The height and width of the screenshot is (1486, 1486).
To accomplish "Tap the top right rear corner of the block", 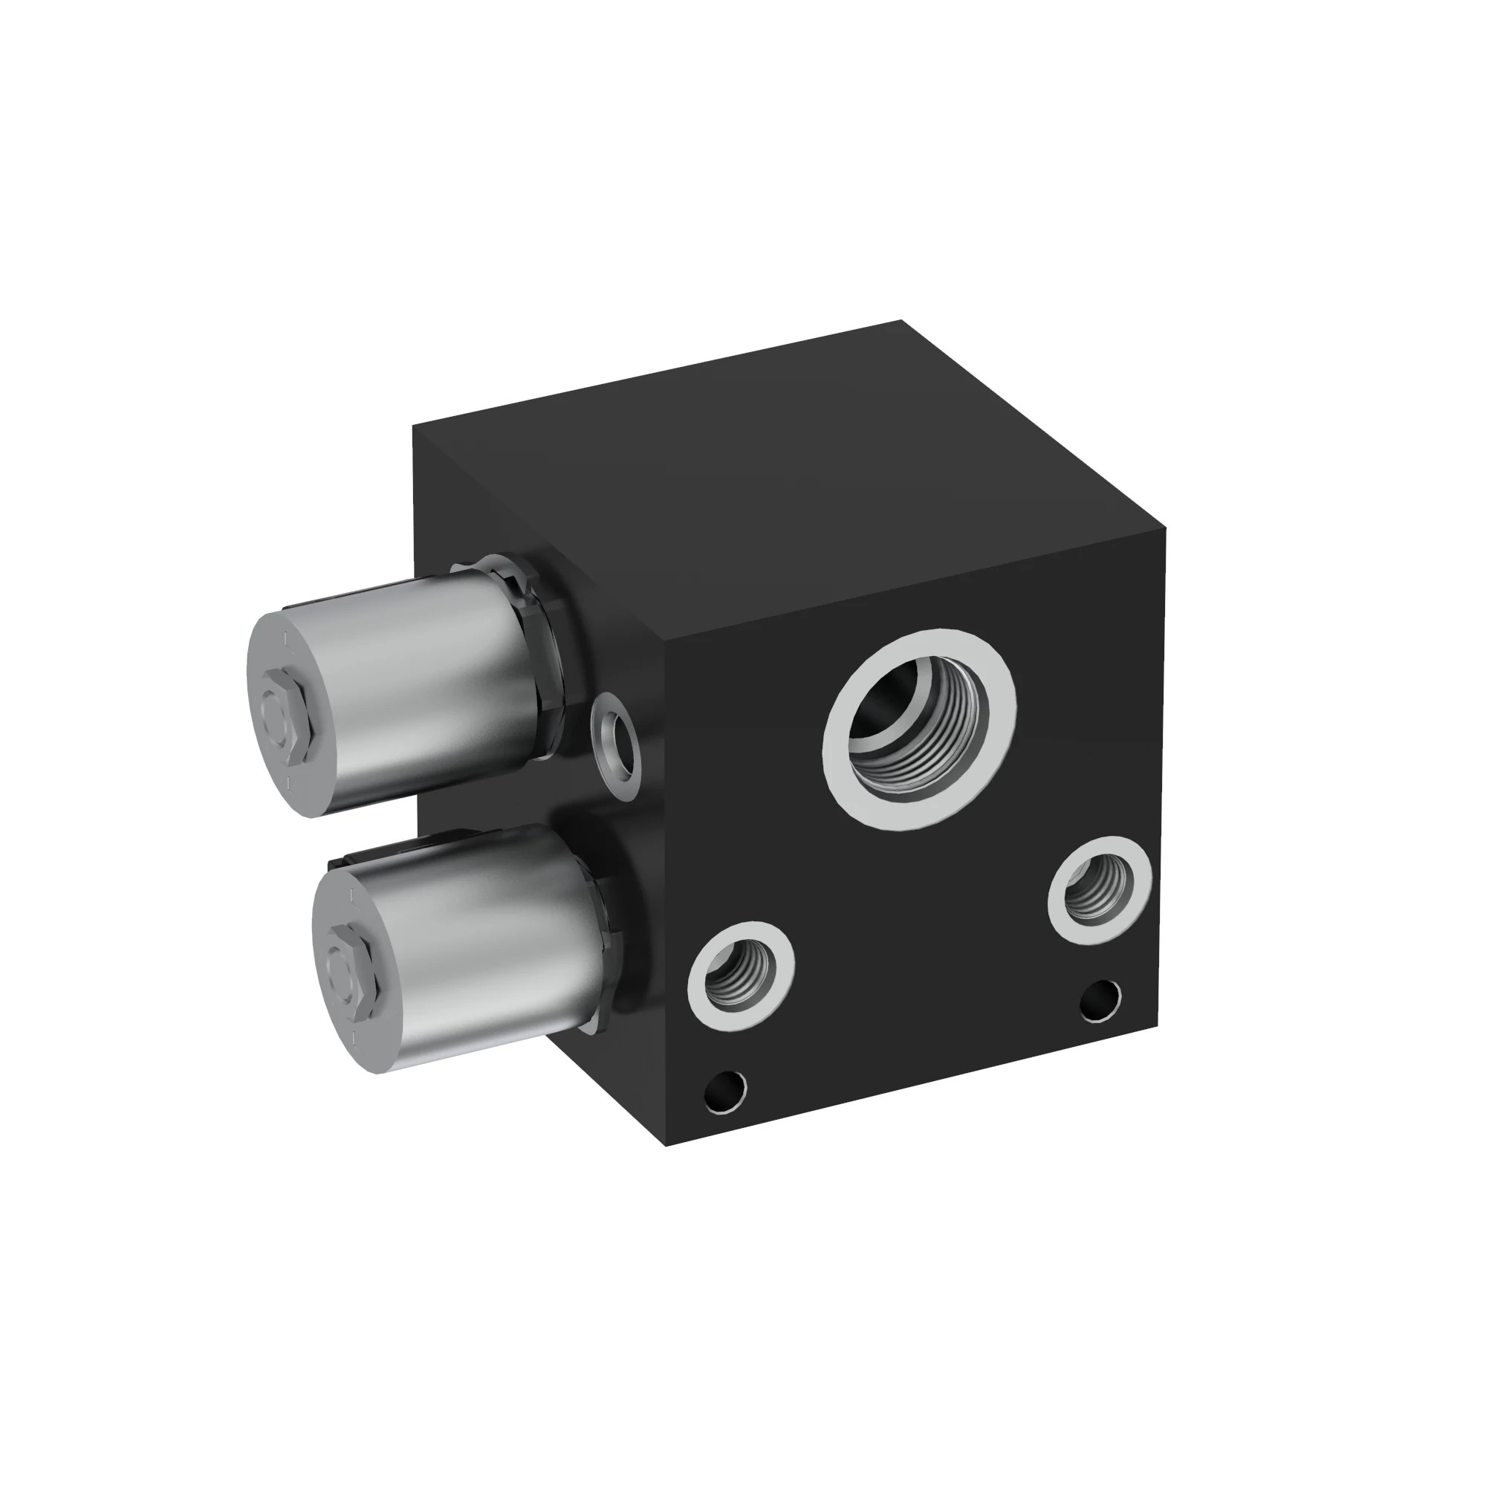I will point(901,321).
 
